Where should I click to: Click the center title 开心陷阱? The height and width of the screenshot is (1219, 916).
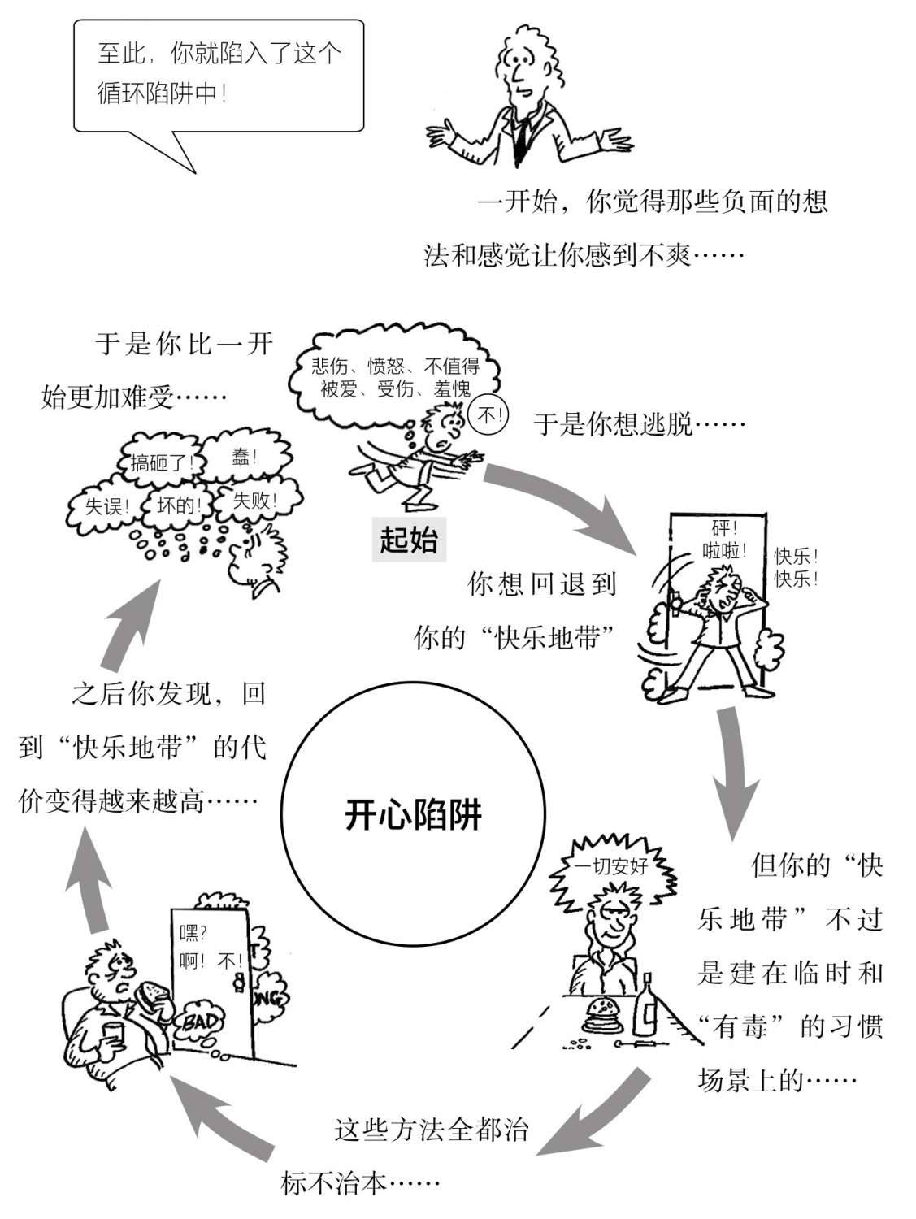pos(413,815)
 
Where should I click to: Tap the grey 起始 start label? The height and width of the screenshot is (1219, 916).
pos(409,540)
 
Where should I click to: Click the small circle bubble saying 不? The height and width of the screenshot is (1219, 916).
pos(488,414)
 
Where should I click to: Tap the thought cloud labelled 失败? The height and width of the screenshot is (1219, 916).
pos(255,501)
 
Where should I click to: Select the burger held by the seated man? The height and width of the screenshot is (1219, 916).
pos(155,997)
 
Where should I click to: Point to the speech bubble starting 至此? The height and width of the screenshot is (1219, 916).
pos(219,84)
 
